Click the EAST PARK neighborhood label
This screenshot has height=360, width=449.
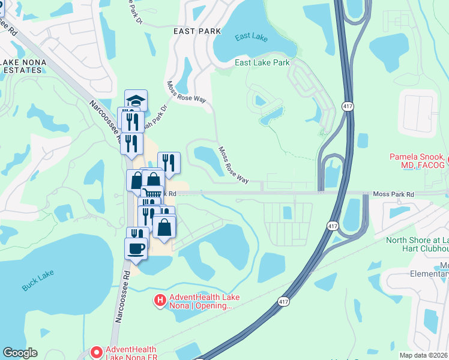pos(197,31)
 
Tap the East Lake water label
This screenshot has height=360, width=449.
pos(251,37)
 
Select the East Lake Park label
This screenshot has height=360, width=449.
pos(262,62)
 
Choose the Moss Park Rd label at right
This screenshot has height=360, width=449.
pos(393,194)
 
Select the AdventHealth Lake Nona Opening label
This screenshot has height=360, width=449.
pos(199,301)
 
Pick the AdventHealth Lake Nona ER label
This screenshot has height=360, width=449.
pos(131,354)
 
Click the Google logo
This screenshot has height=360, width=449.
pos(20,353)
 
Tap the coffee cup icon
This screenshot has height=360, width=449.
pos(136,248)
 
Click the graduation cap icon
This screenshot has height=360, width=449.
pos(136,100)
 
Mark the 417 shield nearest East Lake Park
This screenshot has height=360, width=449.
pos(348,106)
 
